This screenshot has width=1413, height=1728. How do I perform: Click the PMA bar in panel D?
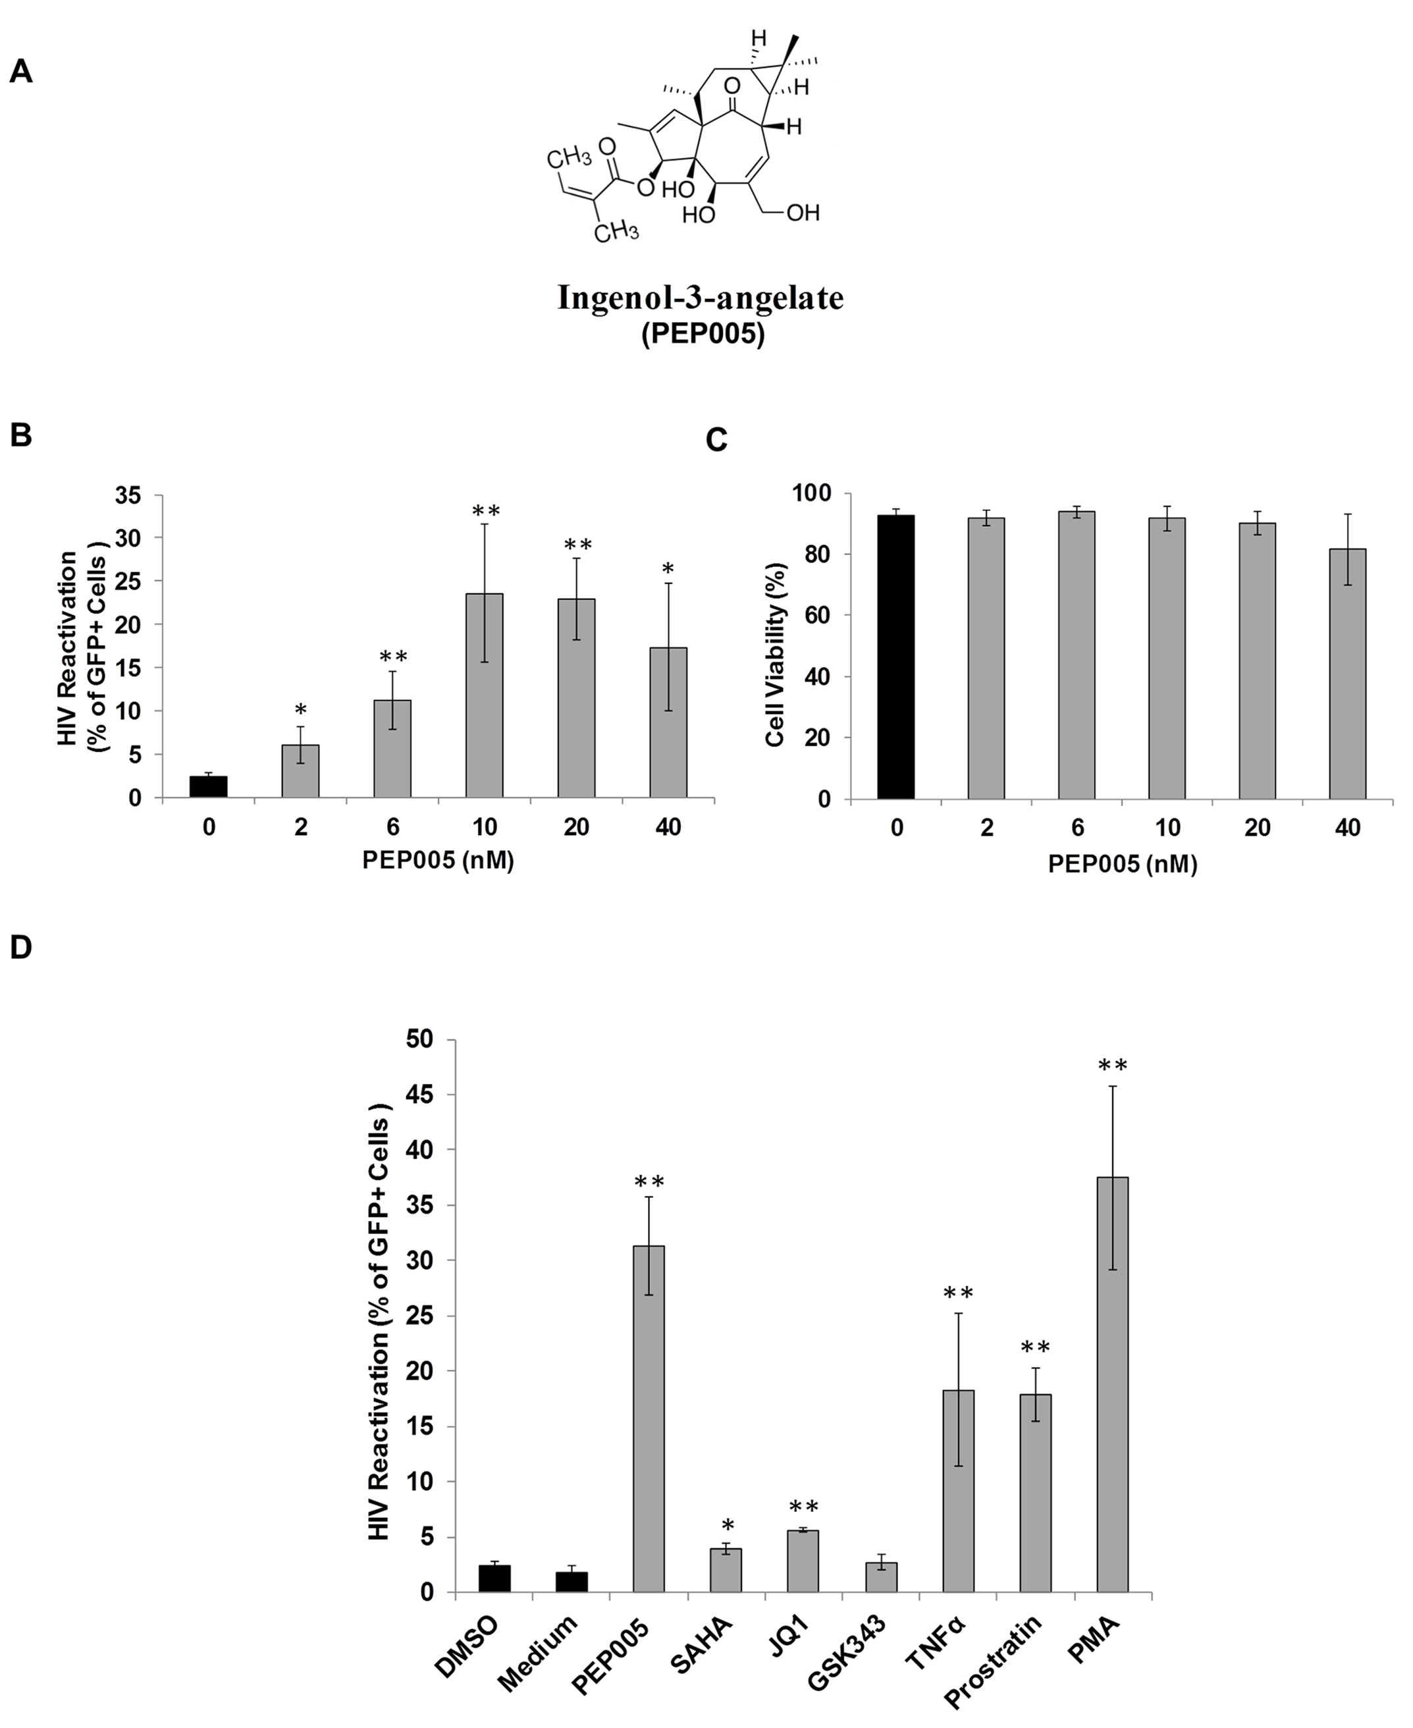(1112, 1384)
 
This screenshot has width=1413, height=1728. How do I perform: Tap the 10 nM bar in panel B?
(485, 695)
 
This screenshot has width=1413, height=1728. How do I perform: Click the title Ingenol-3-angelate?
(700, 298)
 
